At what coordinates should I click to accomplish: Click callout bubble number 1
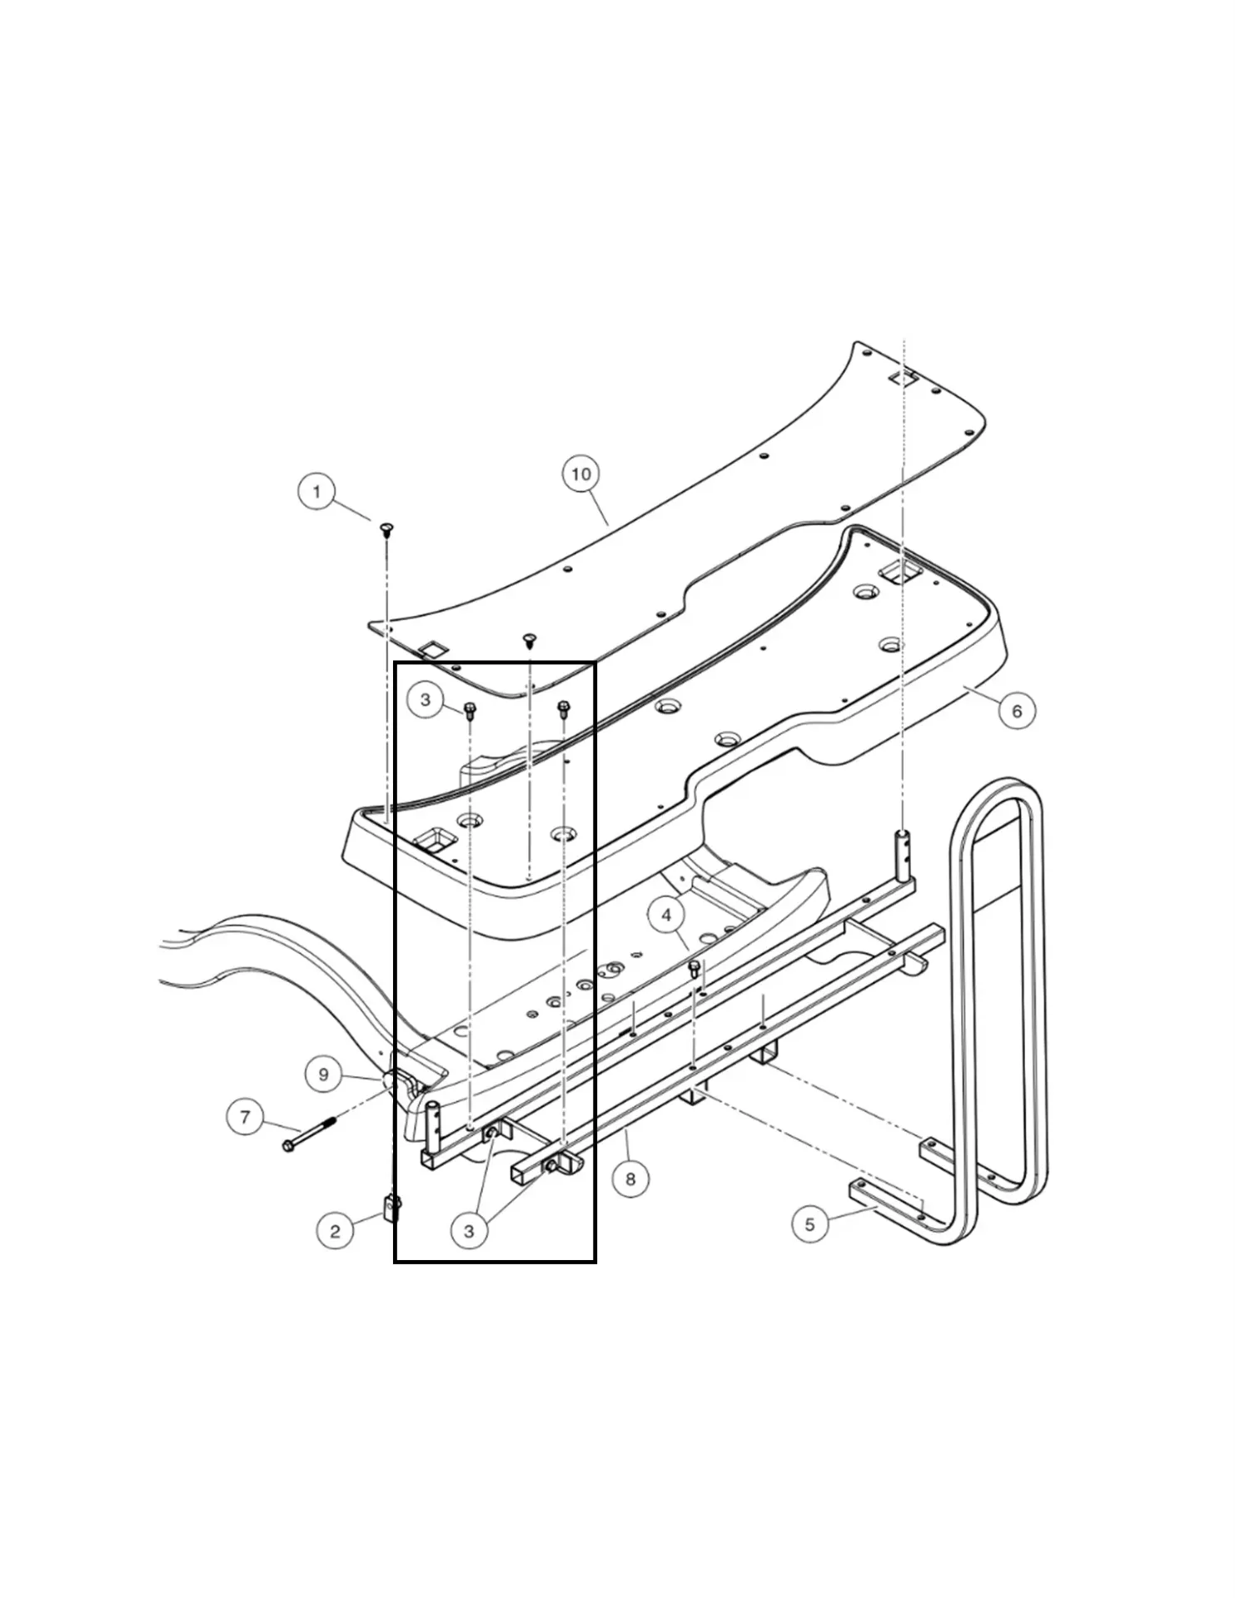click(x=316, y=492)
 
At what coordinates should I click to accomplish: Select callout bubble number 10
click(x=580, y=474)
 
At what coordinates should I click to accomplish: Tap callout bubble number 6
click(x=1016, y=711)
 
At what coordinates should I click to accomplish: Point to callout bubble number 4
click(x=666, y=916)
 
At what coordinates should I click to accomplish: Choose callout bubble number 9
click(x=324, y=1074)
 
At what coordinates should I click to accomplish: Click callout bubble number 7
click(x=245, y=1116)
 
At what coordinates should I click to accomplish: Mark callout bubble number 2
click(x=335, y=1230)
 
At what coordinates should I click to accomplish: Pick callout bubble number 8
click(x=630, y=1179)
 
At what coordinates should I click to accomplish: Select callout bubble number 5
click(x=809, y=1224)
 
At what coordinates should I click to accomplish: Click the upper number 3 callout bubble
click(x=425, y=699)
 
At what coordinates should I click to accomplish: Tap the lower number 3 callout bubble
click(x=469, y=1230)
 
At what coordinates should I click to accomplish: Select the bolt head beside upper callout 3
click(x=470, y=710)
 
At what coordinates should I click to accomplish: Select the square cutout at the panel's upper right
click(x=904, y=377)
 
